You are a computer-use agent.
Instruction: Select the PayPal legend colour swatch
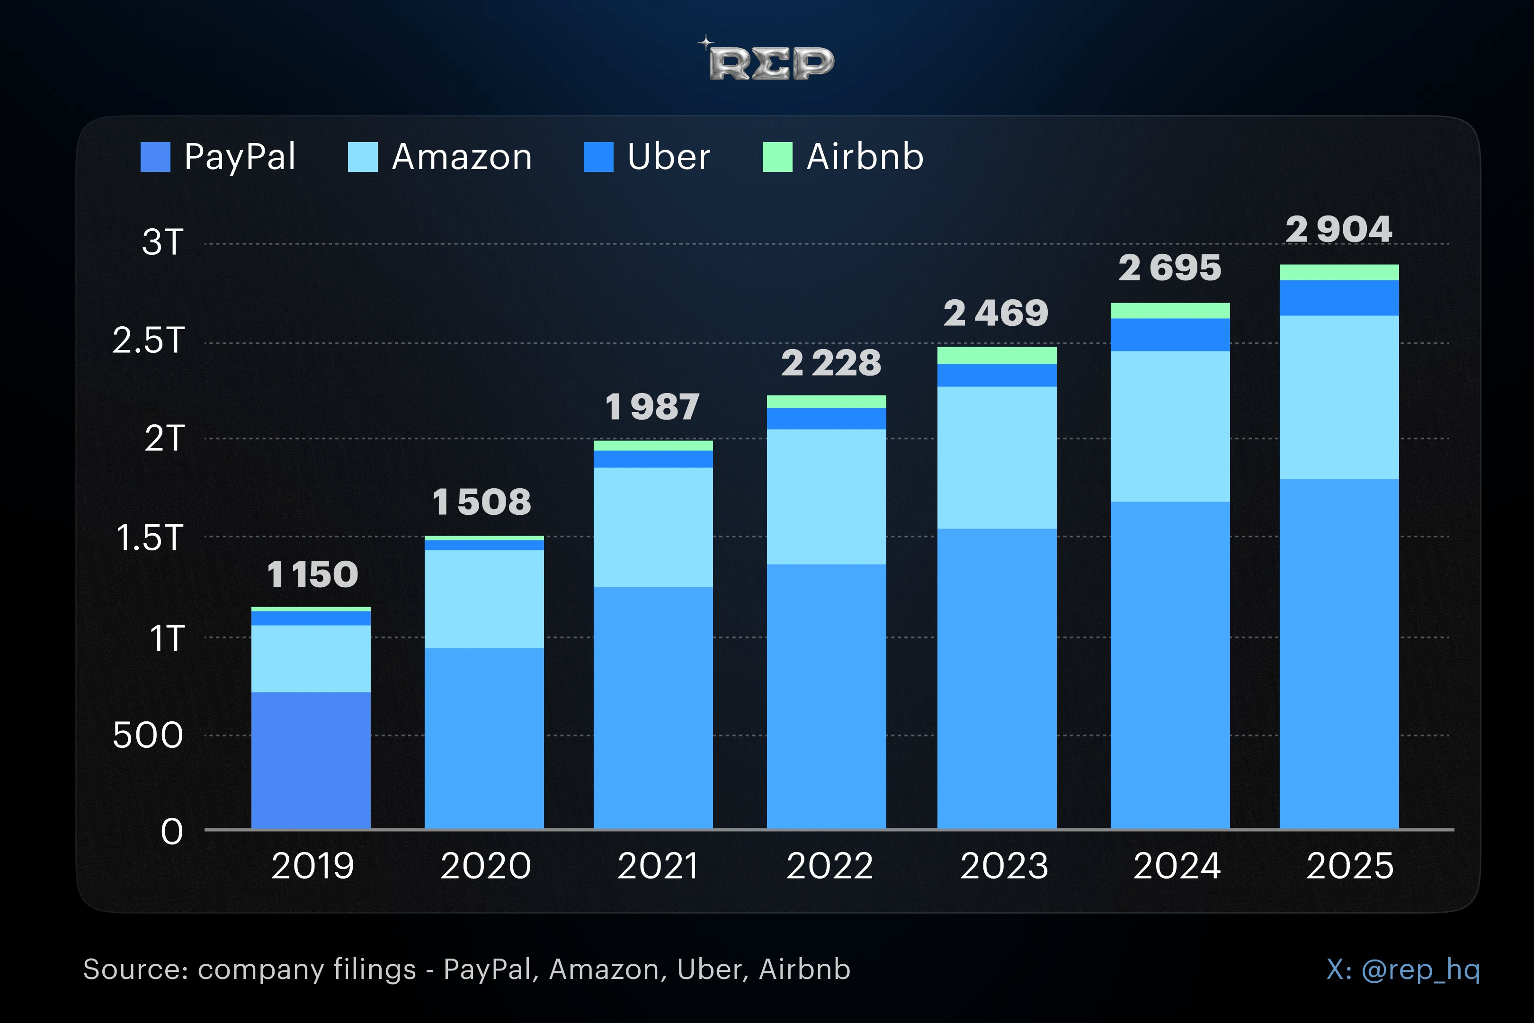(x=155, y=157)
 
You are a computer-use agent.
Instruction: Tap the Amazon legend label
(x=462, y=157)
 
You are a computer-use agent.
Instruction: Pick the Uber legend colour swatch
(x=598, y=157)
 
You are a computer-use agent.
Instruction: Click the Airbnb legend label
(x=865, y=157)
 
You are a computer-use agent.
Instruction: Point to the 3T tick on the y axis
(x=163, y=242)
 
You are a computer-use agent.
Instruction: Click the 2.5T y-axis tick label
(x=148, y=341)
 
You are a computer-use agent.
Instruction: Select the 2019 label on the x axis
(x=312, y=866)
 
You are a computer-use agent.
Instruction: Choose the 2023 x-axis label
(x=1004, y=866)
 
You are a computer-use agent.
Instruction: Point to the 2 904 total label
(x=1338, y=229)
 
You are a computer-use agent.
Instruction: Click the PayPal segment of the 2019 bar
(x=311, y=760)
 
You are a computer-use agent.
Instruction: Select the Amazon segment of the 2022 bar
(x=826, y=496)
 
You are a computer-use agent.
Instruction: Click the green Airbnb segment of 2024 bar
(x=1170, y=311)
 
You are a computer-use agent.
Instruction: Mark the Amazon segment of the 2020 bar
(x=484, y=599)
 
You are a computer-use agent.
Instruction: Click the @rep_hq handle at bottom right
(x=1420, y=970)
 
